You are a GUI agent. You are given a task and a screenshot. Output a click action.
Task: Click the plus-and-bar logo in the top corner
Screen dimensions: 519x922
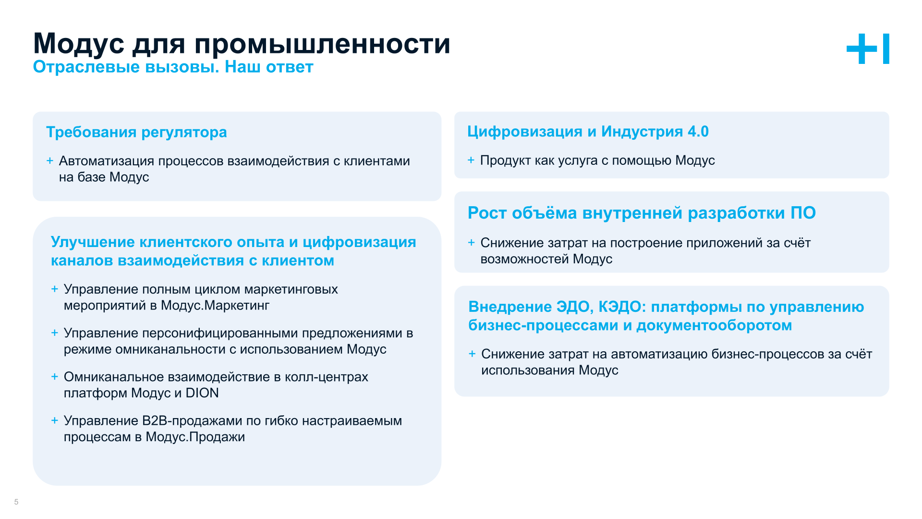coord(867,49)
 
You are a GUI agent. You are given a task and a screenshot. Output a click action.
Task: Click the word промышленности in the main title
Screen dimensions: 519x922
coord(322,44)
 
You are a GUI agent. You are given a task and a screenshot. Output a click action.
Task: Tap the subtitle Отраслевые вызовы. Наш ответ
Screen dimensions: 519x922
coord(173,67)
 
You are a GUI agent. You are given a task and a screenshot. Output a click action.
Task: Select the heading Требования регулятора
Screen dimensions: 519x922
coord(136,132)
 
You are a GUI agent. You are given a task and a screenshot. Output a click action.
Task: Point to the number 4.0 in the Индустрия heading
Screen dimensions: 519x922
coord(698,131)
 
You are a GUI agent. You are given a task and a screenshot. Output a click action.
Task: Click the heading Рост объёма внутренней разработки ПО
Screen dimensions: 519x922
coord(642,213)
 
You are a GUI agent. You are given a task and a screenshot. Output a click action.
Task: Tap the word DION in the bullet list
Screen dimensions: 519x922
coord(202,393)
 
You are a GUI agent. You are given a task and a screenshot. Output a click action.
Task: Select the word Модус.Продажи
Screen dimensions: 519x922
coord(195,437)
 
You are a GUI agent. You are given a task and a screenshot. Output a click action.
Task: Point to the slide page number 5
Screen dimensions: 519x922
coord(16,502)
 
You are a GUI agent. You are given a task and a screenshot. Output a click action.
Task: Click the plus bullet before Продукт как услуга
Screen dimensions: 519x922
coord(471,160)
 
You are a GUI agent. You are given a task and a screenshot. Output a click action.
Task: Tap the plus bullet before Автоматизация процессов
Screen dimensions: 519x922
coord(50,161)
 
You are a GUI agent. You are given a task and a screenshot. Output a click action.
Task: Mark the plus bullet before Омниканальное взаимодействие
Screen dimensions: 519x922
coord(55,377)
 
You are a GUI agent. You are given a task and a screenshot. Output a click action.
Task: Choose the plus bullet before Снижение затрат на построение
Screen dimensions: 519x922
coord(472,243)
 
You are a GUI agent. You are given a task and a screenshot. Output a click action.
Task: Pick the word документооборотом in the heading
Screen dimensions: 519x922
coord(714,325)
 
